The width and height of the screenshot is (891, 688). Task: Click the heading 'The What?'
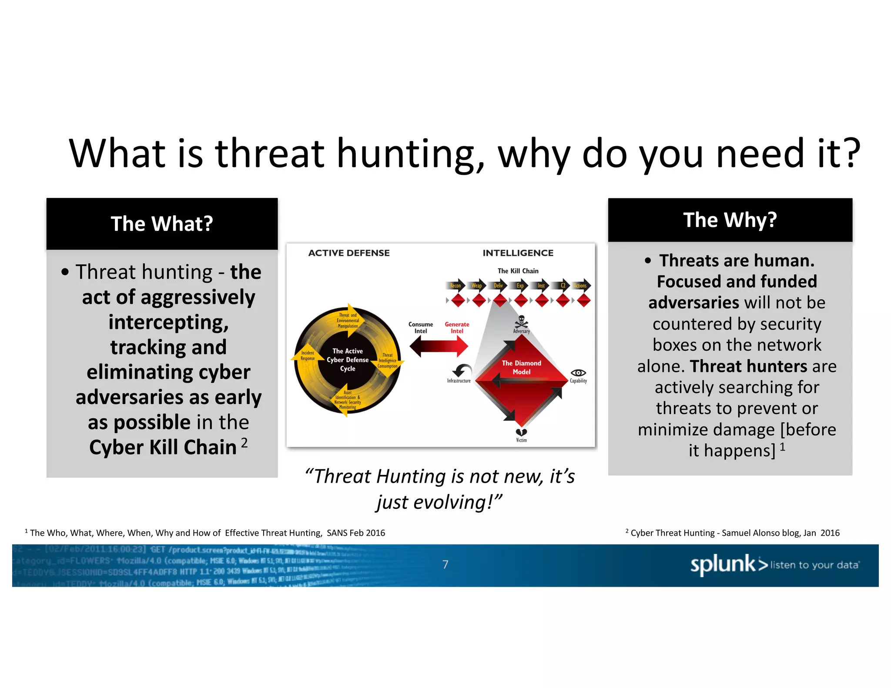162,224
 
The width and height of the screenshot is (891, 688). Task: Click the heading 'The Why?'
730,220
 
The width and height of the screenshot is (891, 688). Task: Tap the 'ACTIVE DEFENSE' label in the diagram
349,253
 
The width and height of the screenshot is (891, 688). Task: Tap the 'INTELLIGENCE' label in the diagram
518,253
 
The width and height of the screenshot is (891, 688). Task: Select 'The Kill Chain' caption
518,271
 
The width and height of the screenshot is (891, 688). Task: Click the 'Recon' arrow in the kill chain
456,286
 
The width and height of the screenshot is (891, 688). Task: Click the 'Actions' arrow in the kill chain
581,286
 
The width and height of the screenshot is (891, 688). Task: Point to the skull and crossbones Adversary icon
521,322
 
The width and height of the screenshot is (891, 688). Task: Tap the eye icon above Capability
578,373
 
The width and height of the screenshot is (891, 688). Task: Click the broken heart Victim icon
521,432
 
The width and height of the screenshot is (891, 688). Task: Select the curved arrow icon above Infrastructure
461,371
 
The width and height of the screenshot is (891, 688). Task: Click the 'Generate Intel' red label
457,327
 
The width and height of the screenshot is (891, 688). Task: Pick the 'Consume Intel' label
420,327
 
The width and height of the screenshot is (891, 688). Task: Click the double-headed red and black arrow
439,347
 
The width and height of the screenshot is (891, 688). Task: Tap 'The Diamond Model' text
521,367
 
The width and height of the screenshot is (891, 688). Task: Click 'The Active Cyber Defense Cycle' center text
348,360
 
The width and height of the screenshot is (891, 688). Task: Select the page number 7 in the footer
445,564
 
